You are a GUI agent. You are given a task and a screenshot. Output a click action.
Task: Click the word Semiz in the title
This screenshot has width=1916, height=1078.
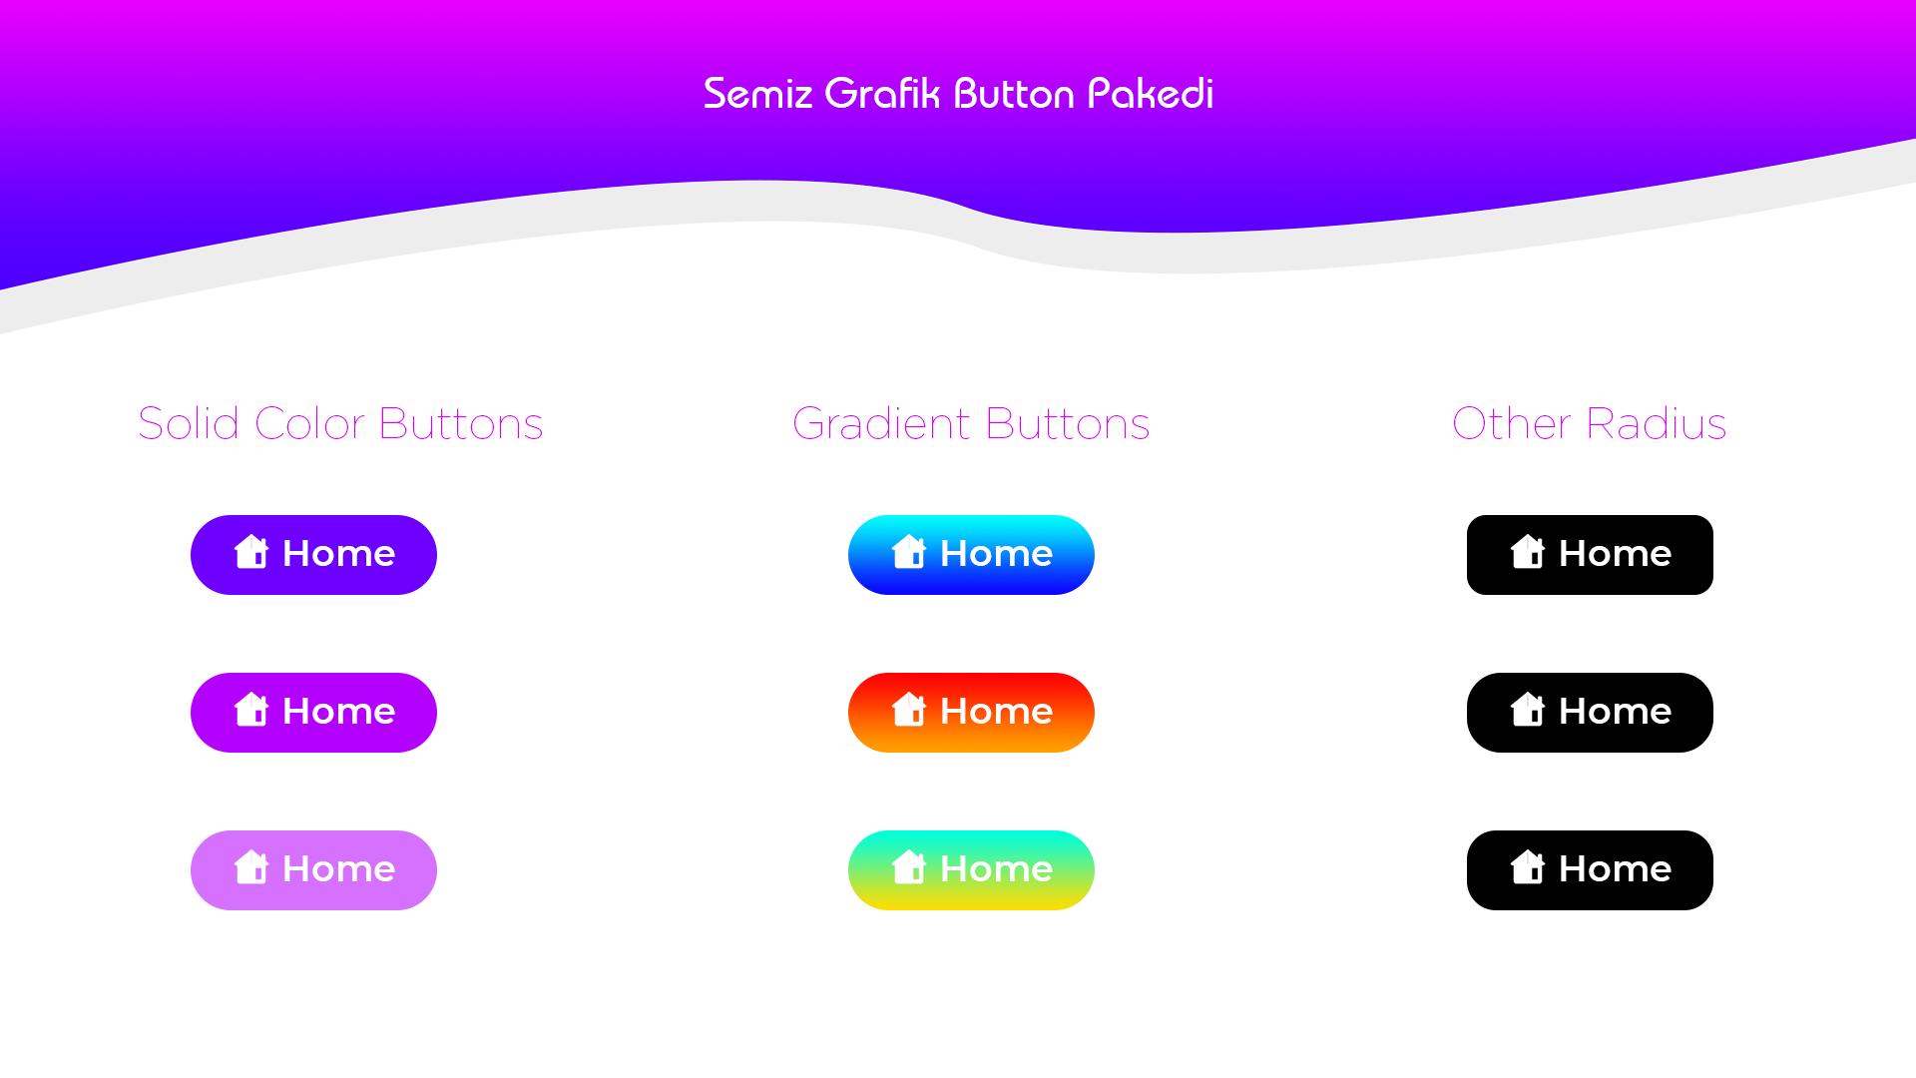click(x=757, y=94)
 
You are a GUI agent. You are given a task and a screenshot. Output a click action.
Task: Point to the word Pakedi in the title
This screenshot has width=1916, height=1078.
click(x=1151, y=93)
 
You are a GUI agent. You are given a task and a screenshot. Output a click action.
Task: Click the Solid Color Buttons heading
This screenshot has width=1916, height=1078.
click(x=340, y=423)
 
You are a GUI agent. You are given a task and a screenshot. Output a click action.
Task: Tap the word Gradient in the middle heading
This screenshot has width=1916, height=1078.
click(x=881, y=423)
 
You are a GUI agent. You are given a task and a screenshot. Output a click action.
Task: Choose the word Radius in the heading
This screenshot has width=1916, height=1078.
click(x=1657, y=423)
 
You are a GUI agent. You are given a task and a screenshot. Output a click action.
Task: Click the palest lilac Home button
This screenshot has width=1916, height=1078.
click(x=313, y=870)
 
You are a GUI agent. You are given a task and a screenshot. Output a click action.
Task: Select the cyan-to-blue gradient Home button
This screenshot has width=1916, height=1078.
click(x=971, y=555)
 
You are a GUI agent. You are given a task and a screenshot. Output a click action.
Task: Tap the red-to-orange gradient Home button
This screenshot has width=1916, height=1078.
click(x=971, y=713)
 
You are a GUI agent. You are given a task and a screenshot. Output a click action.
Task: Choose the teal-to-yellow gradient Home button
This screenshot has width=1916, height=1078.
click(x=971, y=870)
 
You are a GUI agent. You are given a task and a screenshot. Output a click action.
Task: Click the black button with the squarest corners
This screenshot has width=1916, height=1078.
click(x=1590, y=555)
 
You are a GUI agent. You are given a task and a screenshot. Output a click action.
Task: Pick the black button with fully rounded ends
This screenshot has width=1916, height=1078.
click(x=1590, y=713)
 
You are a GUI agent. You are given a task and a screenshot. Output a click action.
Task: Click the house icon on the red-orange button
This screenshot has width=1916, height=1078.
click(x=909, y=710)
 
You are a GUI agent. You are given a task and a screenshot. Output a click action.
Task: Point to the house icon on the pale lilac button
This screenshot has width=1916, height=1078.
click(x=251, y=867)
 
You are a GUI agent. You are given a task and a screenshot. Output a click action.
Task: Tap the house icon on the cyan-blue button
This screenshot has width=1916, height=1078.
click(x=909, y=552)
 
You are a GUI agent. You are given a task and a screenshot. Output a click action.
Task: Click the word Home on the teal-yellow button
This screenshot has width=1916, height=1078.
click(x=996, y=868)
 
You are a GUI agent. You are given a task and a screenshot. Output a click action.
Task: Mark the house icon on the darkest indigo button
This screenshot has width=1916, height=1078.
click(x=251, y=552)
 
